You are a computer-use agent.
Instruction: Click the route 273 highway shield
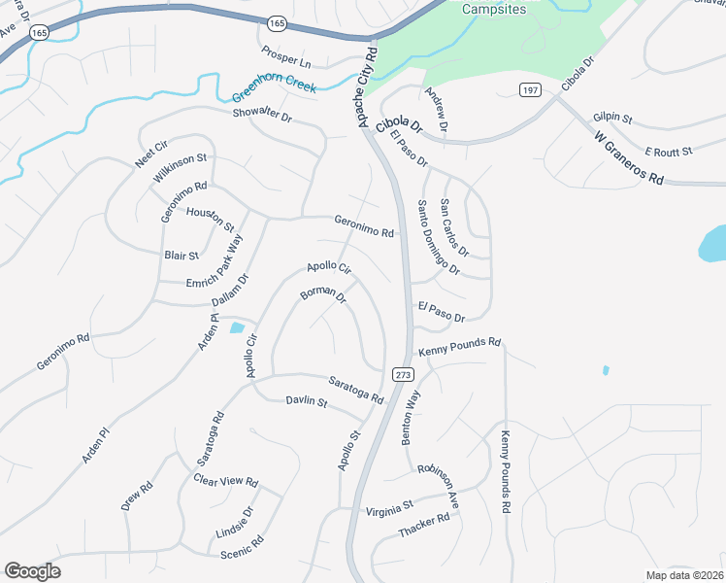click(404, 374)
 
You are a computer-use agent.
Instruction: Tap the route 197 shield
click(530, 90)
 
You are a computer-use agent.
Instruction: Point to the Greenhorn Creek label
click(275, 90)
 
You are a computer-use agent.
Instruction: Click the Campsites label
click(493, 9)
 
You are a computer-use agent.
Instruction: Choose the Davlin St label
click(306, 402)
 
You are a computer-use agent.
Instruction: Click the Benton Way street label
click(412, 418)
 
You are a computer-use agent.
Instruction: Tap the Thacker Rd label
click(424, 527)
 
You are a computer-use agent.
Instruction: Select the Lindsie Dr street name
click(234, 525)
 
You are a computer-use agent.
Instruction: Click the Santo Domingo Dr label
click(439, 237)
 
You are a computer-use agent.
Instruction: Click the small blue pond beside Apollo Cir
click(236, 327)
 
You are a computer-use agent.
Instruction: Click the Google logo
click(32, 571)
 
